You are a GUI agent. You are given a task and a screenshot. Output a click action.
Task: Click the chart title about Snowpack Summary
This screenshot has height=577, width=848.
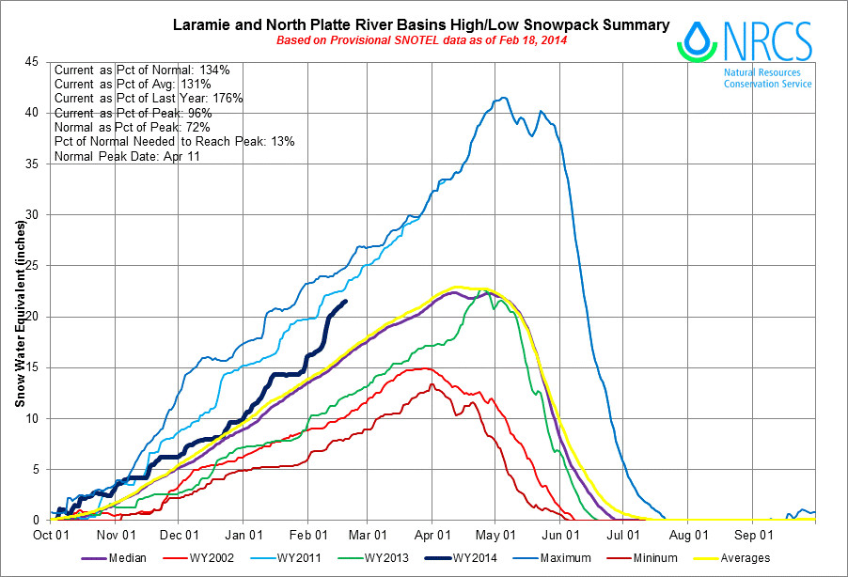coord(421,24)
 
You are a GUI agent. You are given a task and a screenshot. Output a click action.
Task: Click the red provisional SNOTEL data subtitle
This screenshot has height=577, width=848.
coord(421,40)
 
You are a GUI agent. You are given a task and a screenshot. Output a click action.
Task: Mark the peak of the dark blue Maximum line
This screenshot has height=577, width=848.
coord(505,98)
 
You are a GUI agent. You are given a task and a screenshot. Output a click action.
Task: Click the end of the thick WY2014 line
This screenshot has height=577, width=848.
coord(346,301)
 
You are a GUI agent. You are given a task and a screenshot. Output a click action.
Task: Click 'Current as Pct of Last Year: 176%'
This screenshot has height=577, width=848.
coord(149,99)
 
